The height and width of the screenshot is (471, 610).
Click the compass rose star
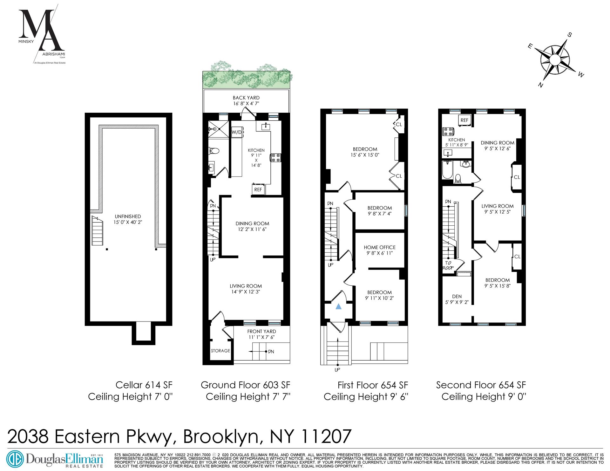[x=554, y=60]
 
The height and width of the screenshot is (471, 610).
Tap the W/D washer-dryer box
[x=237, y=132]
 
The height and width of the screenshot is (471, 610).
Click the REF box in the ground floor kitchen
[x=258, y=189]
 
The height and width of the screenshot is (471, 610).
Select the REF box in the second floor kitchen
[x=464, y=120]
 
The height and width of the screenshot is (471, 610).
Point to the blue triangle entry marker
[x=339, y=307]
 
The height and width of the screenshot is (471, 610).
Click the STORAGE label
[x=220, y=351]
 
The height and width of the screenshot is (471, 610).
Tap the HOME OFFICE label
[x=380, y=247]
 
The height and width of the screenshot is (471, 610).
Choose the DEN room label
[x=457, y=296]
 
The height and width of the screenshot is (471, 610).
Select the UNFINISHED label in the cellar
[x=128, y=216]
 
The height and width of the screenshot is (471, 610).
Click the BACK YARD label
[x=246, y=98]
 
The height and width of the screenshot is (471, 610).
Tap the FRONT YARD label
[x=261, y=331]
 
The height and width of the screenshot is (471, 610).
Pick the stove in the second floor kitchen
[x=448, y=131]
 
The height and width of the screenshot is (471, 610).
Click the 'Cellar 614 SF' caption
[x=144, y=385]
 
